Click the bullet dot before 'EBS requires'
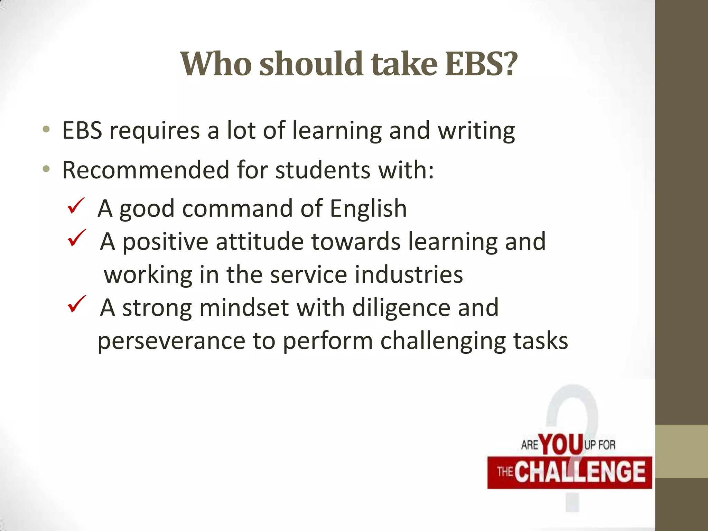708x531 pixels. (x=46, y=130)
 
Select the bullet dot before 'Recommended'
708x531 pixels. (x=46, y=169)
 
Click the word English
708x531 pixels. (x=368, y=208)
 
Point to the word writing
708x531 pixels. (x=476, y=131)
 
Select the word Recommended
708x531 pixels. (x=146, y=170)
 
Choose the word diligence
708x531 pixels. (x=401, y=308)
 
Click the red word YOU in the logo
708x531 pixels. (x=561, y=444)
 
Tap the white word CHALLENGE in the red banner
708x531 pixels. (x=580, y=472)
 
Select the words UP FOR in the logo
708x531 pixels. (x=600, y=445)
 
